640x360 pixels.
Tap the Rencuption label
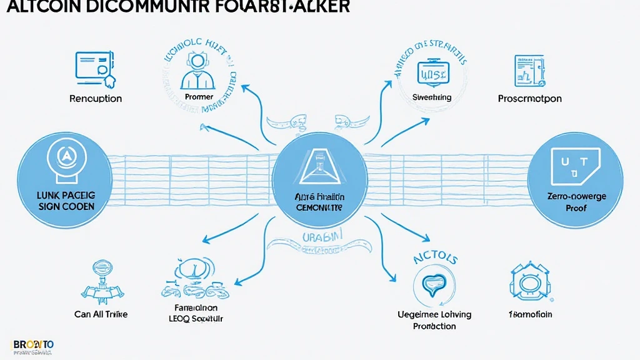click(x=96, y=99)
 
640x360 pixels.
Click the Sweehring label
click(x=432, y=97)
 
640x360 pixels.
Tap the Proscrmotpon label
click(x=529, y=99)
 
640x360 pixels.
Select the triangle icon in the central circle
click(x=319, y=162)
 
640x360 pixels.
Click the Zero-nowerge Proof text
click(x=576, y=202)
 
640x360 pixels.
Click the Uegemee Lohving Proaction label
click(x=434, y=320)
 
